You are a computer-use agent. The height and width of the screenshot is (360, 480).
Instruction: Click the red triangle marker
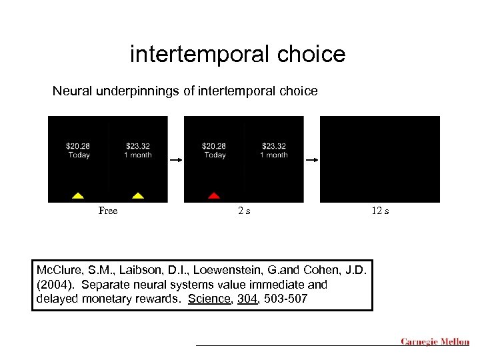(x=213, y=195)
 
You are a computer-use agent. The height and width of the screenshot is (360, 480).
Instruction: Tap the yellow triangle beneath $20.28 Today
(x=77, y=195)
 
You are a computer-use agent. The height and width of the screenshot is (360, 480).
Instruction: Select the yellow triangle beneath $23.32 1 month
(x=138, y=195)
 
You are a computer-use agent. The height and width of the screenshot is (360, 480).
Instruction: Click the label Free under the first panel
(x=108, y=211)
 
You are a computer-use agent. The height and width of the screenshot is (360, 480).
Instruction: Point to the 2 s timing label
(x=244, y=211)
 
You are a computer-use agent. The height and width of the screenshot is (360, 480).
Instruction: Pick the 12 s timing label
(x=380, y=211)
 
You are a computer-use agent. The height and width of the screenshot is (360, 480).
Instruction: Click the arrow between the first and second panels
(x=176, y=160)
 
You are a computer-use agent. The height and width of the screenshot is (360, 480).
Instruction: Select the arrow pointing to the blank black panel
(x=312, y=160)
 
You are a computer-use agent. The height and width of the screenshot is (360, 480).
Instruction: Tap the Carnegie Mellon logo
(x=435, y=342)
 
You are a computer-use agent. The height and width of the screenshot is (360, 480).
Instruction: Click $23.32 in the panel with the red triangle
(x=273, y=146)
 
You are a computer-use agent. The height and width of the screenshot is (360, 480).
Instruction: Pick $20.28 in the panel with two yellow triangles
(x=79, y=146)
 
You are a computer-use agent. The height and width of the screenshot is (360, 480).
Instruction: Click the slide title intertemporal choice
(x=237, y=54)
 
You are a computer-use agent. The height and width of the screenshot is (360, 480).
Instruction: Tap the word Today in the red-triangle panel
(x=215, y=155)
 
